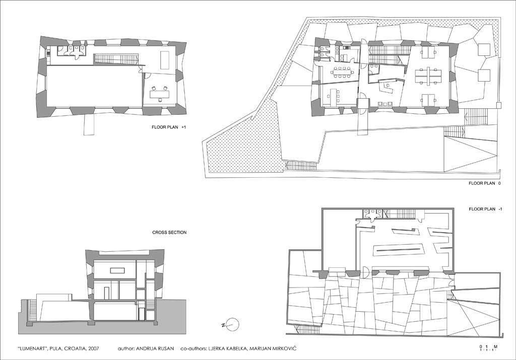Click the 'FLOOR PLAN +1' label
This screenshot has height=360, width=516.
[x=168, y=127]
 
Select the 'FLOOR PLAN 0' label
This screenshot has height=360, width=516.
[x=485, y=184]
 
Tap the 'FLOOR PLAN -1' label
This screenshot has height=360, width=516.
[x=485, y=209]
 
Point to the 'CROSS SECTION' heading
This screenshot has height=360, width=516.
[x=169, y=233]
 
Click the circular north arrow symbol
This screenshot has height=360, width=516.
[x=233, y=324]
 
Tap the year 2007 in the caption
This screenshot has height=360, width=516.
[x=93, y=348]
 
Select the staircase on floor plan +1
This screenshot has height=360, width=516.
[x=115, y=59]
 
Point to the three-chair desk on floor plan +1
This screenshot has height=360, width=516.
[x=160, y=93]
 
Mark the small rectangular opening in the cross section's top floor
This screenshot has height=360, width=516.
[x=117, y=270]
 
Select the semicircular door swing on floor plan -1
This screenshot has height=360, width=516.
[x=365, y=271]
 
